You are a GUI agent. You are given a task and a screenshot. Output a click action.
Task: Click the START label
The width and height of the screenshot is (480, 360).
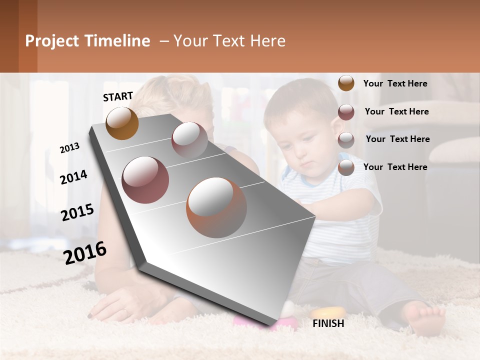coord(118,96)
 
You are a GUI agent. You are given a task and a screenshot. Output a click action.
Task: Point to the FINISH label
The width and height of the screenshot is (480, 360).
coord(328,323)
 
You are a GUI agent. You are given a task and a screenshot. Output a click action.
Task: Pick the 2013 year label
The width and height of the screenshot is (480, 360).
coord(69,148)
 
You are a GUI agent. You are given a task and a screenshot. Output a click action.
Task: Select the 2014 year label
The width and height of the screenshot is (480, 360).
coord(73,177)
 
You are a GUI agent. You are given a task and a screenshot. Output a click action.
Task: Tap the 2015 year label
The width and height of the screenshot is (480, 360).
coord(77,212)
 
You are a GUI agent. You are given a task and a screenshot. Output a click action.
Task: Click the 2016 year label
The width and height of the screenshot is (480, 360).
coord(85,253)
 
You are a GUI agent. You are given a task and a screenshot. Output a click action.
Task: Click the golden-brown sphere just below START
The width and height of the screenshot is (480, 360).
coord(122,123)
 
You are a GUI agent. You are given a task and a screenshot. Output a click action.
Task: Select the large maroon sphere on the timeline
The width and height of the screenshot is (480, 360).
coord(145,179)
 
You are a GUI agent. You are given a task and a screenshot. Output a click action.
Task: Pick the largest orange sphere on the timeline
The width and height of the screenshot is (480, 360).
coord(216,207)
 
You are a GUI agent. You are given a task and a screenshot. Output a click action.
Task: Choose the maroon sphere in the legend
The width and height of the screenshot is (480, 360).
coord(346,112)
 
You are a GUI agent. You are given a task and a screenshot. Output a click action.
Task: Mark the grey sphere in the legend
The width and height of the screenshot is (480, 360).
coord(346,140)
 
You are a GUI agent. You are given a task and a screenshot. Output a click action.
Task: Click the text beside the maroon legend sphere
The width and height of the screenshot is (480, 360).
coord(396,111)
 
